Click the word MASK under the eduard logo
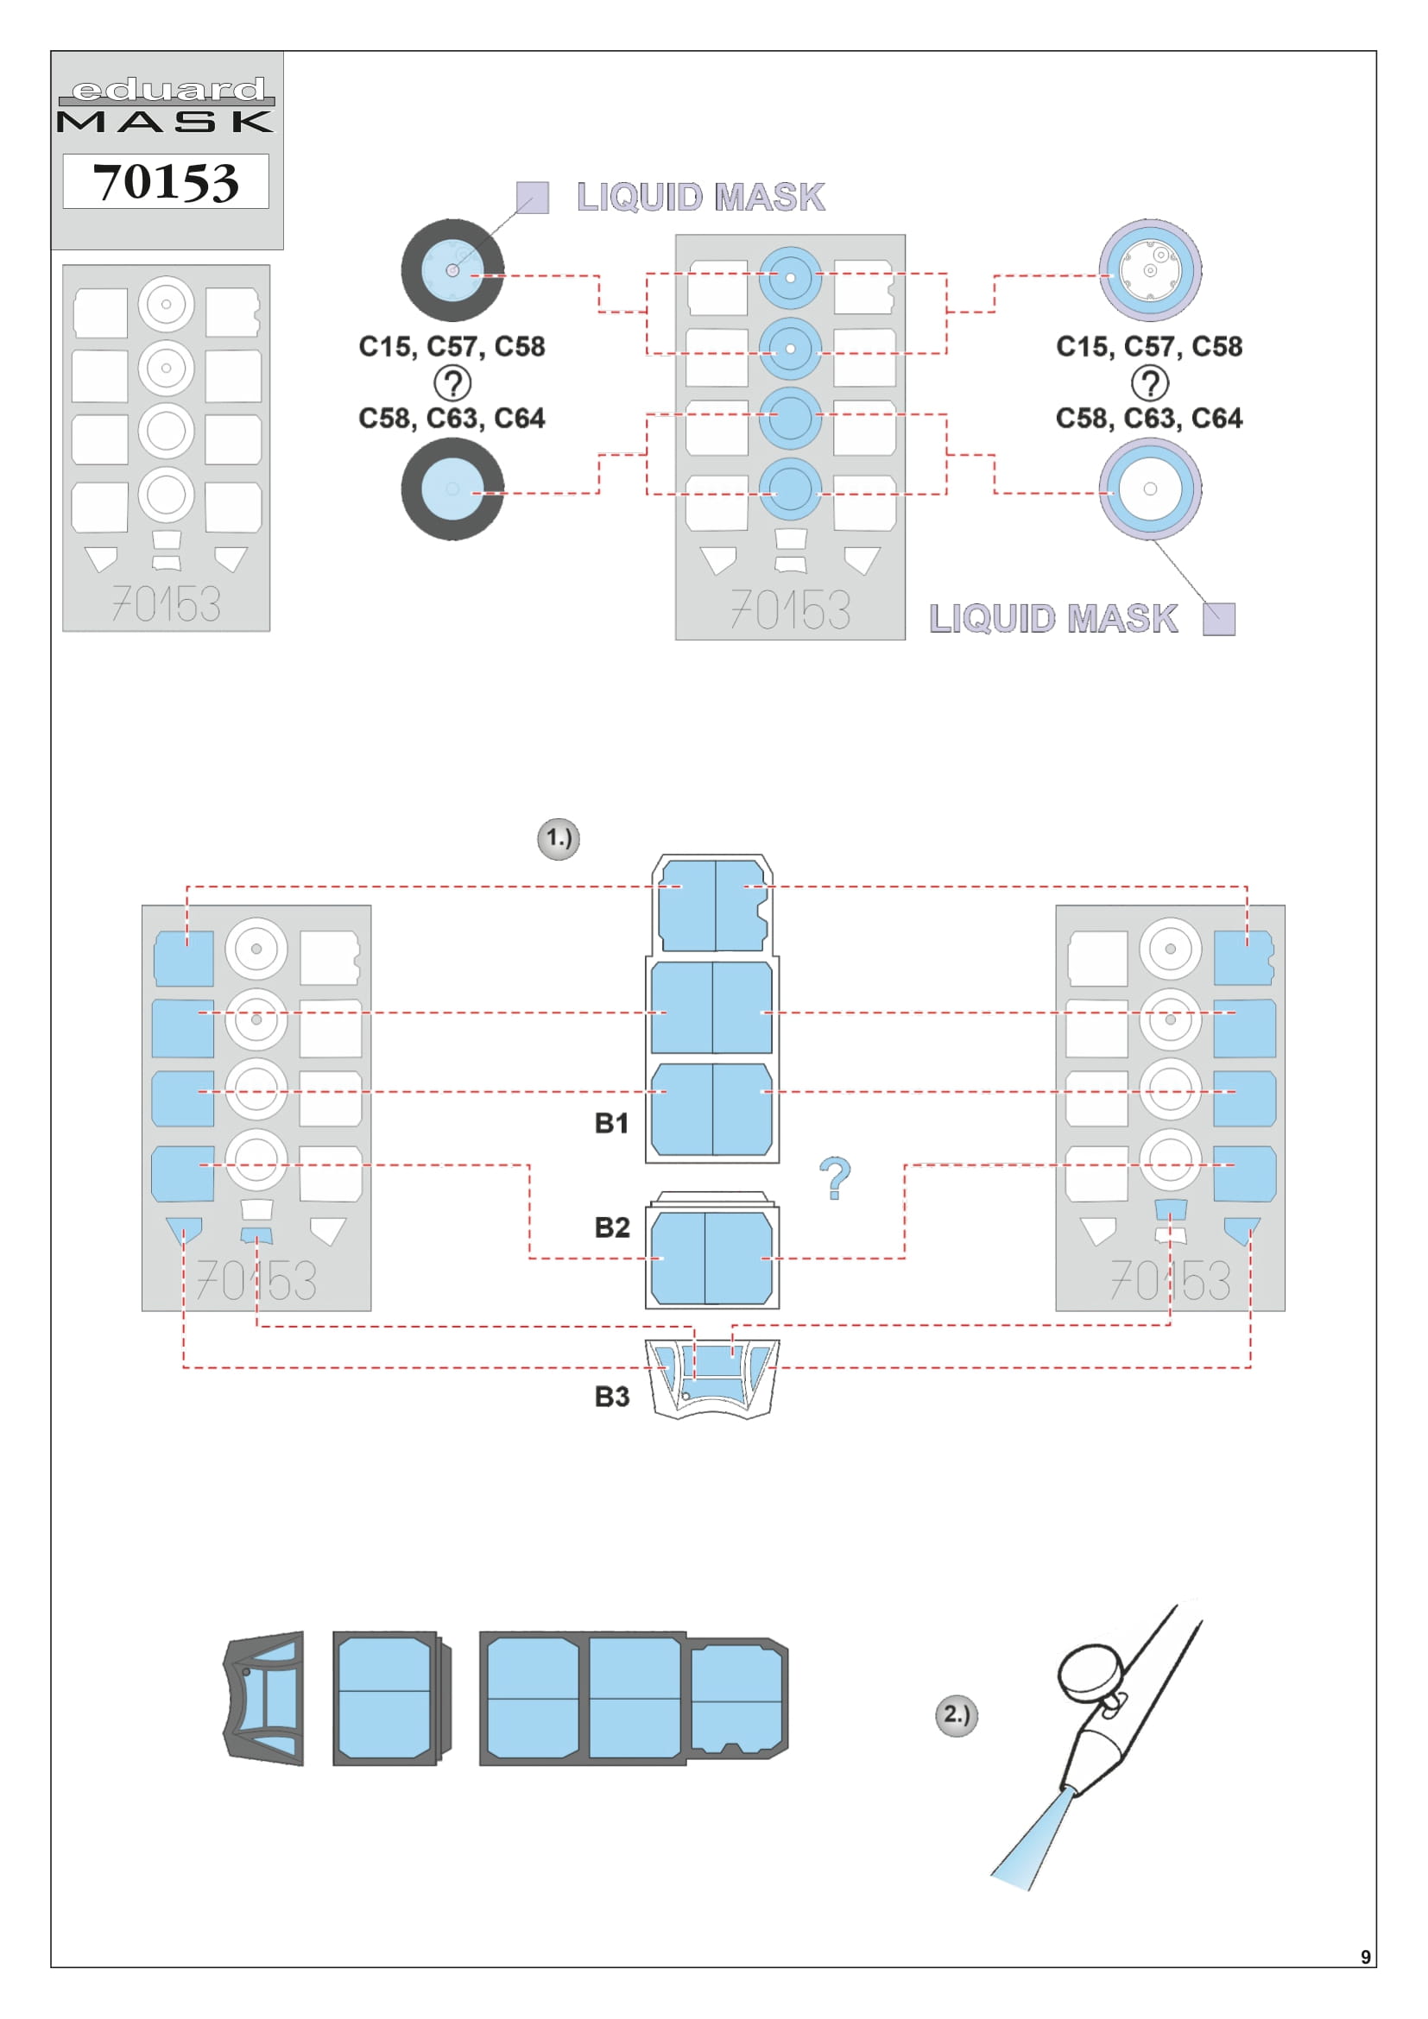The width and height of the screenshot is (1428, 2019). click(165, 122)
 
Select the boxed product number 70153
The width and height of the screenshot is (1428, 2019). click(165, 181)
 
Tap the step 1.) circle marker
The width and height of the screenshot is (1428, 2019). click(559, 838)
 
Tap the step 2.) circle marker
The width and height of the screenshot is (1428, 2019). click(956, 1714)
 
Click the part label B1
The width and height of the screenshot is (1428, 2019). click(611, 1123)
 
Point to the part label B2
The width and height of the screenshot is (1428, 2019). click(611, 1227)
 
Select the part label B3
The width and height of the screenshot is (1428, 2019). click(611, 1397)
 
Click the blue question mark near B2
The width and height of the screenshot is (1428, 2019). click(835, 1178)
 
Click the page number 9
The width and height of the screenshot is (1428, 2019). click(1365, 1957)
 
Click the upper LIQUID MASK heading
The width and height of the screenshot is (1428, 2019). click(700, 197)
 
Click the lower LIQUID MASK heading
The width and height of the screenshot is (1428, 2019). click(1052, 618)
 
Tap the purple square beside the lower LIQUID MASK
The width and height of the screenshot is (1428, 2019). click(1218, 618)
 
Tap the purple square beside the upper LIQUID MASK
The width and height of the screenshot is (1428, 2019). click(532, 197)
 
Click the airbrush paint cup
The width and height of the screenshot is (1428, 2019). click(1089, 1671)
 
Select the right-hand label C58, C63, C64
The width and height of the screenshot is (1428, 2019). click(1148, 418)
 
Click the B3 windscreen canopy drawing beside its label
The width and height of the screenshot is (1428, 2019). click(712, 1378)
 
